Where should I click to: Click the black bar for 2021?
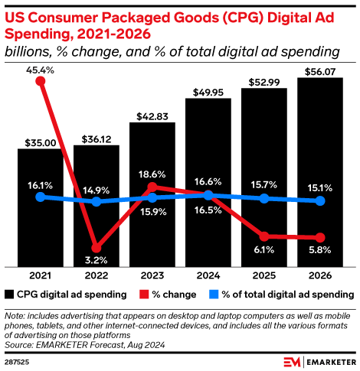coord(40,207)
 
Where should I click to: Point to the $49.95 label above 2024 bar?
coord(208,90)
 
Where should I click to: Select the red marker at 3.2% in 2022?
coord(96,247)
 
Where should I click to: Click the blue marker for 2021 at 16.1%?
coord(40,197)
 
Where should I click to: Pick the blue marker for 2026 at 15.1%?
coord(320,201)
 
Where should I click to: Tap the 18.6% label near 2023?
coord(152,175)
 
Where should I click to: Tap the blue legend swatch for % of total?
coord(214,294)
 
